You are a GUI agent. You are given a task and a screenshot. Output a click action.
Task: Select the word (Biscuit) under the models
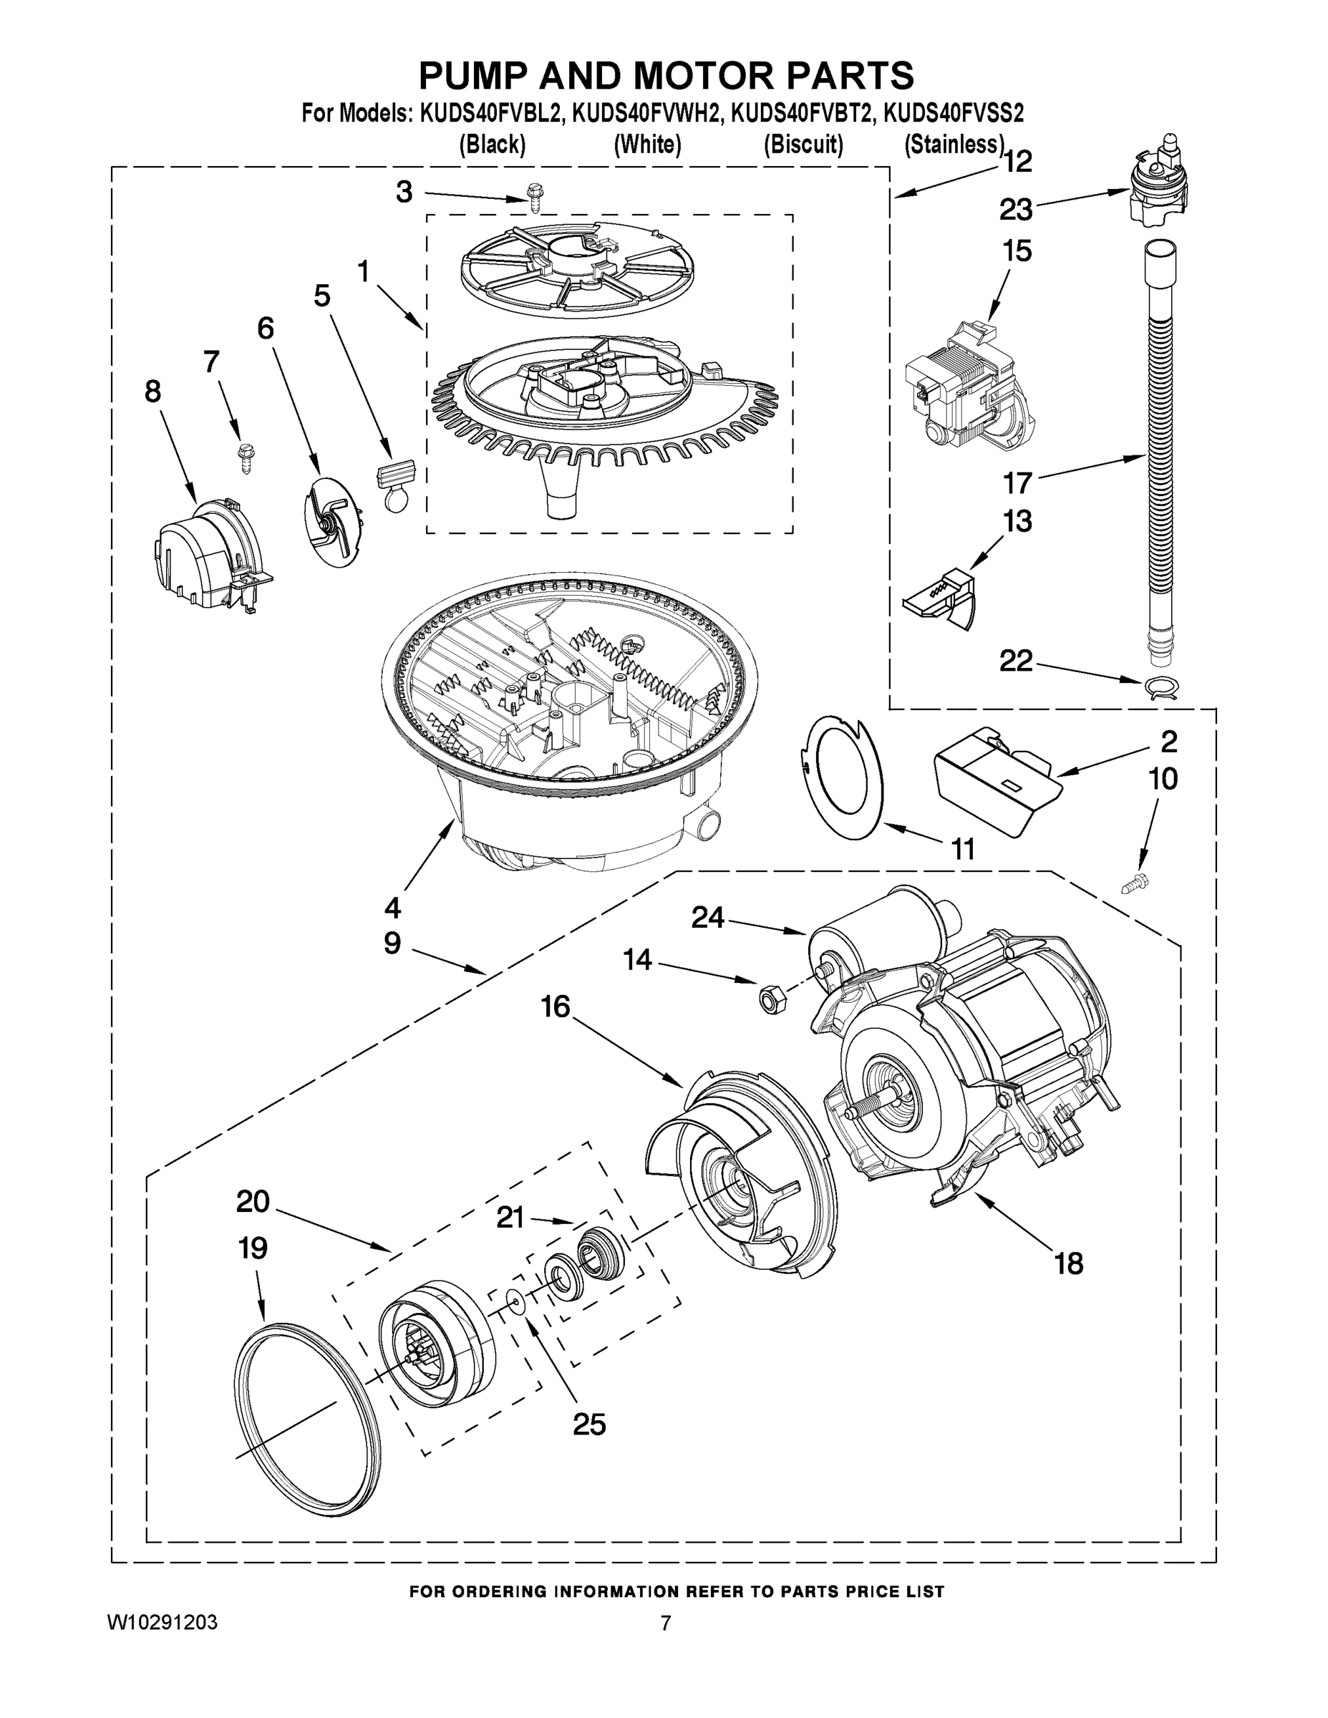(x=803, y=145)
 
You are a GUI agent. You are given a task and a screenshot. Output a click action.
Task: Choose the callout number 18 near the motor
(x=1069, y=1263)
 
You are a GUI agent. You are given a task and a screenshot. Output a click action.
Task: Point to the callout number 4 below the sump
(x=392, y=908)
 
